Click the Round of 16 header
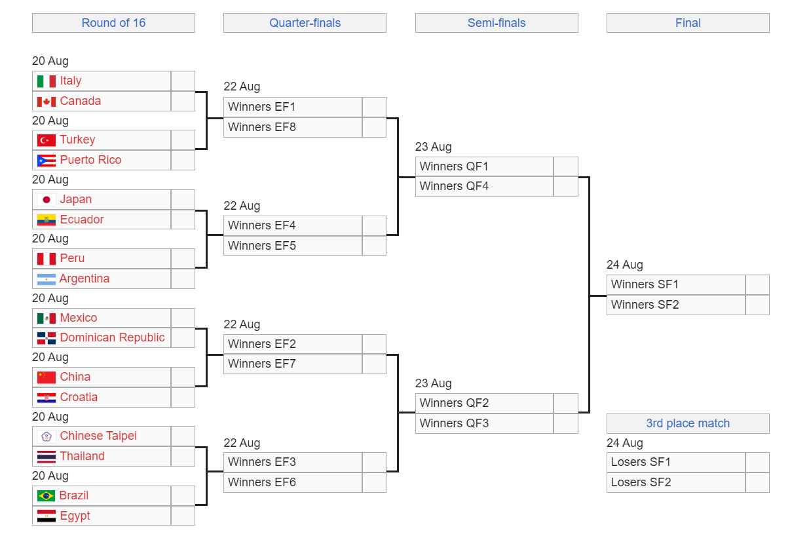point(113,23)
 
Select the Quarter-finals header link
point(305,23)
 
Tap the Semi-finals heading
point(497,23)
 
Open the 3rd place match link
point(688,423)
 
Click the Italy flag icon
point(47,81)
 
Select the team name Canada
point(80,101)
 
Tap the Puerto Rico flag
point(47,161)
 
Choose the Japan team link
point(76,199)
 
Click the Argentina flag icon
point(47,279)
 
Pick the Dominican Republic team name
point(112,337)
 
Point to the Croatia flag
point(47,398)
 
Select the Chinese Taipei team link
point(98,436)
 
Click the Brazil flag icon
point(47,495)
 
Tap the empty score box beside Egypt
point(183,516)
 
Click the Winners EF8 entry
point(262,127)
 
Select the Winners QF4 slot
point(454,186)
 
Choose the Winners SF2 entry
point(645,305)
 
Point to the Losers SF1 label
point(641,462)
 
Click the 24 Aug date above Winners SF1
point(625,265)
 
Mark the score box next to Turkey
point(183,140)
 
